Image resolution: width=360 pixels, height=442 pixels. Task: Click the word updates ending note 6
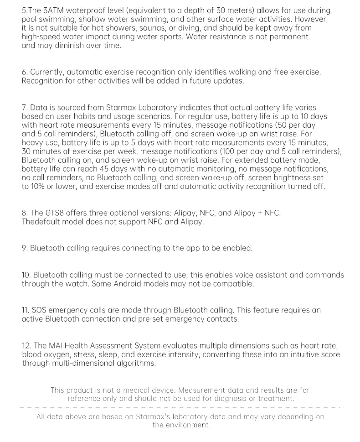230,81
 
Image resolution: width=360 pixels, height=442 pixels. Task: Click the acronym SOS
40,310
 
